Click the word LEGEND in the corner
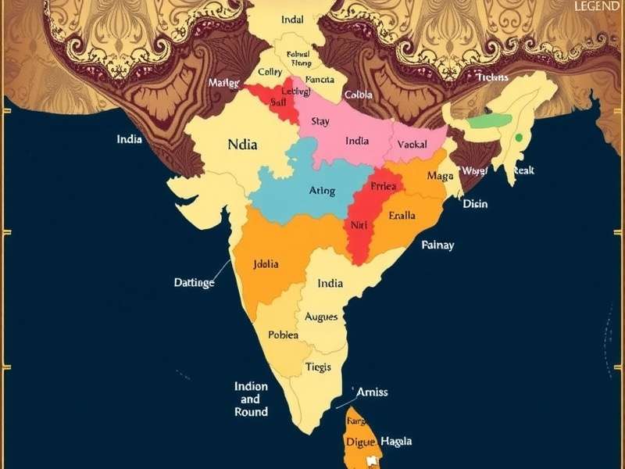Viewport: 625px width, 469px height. [x=598, y=6]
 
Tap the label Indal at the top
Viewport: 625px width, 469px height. [x=293, y=19]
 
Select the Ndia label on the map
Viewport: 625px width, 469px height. [x=242, y=145]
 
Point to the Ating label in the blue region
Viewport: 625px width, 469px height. [x=322, y=191]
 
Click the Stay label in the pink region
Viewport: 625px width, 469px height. [x=320, y=121]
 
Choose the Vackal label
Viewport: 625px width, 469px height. [x=412, y=145]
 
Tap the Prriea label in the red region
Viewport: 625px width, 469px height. [x=384, y=187]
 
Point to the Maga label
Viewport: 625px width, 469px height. [x=440, y=176]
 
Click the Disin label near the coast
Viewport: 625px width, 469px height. [x=475, y=204]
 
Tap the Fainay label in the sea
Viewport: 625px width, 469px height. [x=437, y=245]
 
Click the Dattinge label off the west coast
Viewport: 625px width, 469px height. [x=194, y=283]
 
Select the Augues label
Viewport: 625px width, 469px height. [x=321, y=317]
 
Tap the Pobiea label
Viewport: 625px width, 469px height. [x=283, y=335]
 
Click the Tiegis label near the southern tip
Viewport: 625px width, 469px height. [x=318, y=367]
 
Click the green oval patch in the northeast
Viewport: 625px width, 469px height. [x=490, y=121]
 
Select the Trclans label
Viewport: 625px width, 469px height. [x=493, y=77]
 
